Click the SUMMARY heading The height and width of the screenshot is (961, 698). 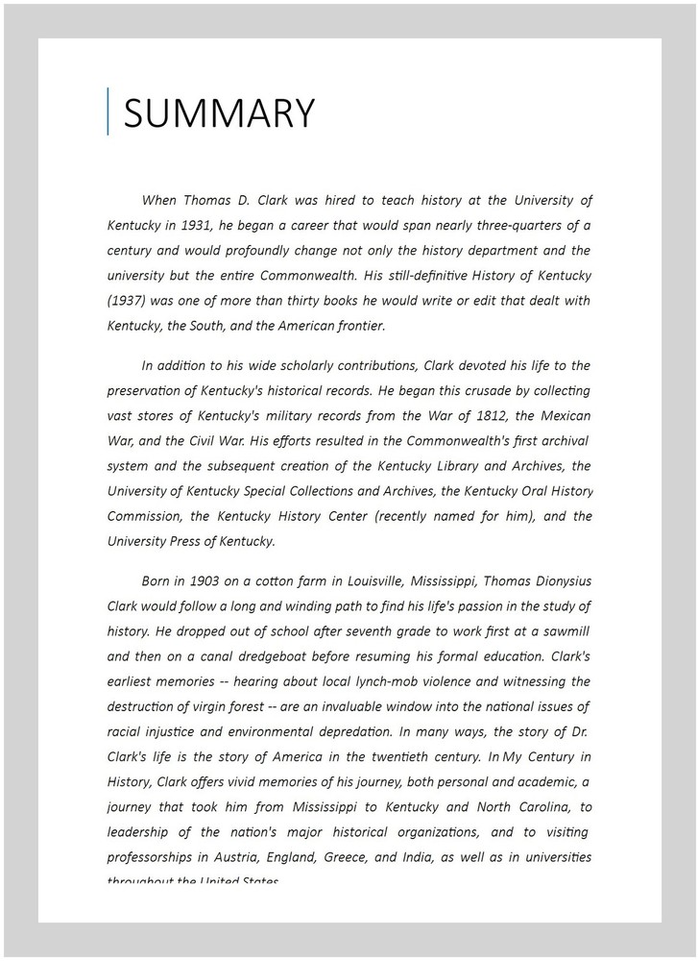[219, 112]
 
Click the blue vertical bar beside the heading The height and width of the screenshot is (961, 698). [108, 111]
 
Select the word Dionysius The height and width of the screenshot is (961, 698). [555, 580]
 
